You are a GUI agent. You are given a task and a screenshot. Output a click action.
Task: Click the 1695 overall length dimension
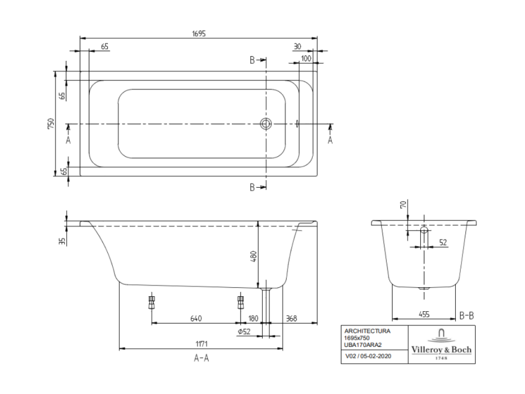(198, 33)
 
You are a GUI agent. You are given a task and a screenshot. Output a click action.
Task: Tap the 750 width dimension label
(51, 123)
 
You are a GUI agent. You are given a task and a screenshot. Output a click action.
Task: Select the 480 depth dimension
(253, 256)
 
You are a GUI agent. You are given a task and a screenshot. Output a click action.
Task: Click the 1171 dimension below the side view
(201, 344)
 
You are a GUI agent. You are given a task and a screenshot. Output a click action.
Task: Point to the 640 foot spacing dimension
(196, 318)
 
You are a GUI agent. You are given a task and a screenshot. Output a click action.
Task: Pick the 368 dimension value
(291, 318)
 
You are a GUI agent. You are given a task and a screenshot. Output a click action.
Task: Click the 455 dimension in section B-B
(424, 314)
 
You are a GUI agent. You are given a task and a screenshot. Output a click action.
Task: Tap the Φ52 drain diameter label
(244, 331)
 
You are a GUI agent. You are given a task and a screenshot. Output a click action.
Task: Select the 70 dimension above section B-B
(403, 204)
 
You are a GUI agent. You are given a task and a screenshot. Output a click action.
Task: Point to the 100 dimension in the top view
(306, 58)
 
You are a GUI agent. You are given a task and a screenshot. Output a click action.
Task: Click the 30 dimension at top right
(297, 46)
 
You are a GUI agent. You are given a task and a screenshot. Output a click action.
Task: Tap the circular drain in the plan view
(266, 123)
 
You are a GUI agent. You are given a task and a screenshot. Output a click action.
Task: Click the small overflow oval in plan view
(297, 124)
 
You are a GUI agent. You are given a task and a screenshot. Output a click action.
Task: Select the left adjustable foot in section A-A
(152, 302)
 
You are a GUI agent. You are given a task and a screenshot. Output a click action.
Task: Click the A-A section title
(201, 358)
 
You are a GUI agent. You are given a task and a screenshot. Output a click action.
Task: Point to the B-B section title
(467, 315)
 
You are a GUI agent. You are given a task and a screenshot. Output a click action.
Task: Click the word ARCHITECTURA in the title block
(367, 331)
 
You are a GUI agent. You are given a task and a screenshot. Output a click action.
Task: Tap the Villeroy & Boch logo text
(442, 350)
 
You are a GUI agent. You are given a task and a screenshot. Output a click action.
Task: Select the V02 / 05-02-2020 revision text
(368, 356)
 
